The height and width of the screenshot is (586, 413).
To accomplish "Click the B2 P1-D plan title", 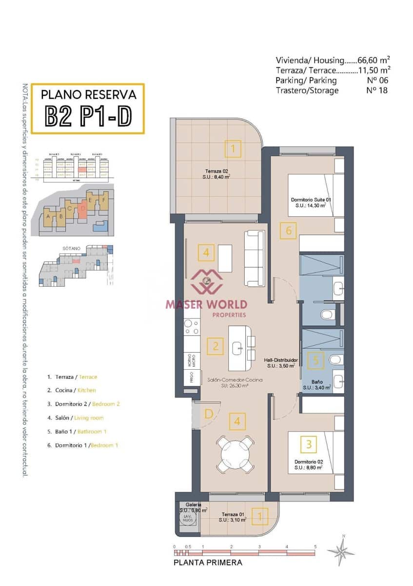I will click(88, 115).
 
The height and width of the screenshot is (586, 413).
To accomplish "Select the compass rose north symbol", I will click(341, 550).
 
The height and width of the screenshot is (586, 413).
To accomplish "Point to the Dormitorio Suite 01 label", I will click(311, 203).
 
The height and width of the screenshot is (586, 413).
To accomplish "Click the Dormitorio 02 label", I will click(308, 464).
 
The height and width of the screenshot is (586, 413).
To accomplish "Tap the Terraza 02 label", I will click(216, 174).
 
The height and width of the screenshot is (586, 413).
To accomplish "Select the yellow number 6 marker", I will click(289, 230).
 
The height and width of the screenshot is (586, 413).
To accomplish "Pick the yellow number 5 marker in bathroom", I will click(316, 361).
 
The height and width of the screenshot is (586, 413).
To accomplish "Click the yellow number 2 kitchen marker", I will click(215, 347).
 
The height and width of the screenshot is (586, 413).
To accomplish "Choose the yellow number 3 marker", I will click(309, 444).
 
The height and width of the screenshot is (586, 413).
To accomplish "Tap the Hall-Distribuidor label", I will click(281, 362).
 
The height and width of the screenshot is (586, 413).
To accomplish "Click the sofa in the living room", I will click(254, 258).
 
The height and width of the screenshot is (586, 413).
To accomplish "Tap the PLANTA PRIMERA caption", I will click(208, 563).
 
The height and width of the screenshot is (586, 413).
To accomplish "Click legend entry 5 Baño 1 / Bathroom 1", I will click(77, 432).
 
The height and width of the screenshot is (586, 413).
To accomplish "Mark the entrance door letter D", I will click(208, 415).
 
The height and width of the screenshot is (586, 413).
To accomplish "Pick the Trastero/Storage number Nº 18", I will click(377, 90).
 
